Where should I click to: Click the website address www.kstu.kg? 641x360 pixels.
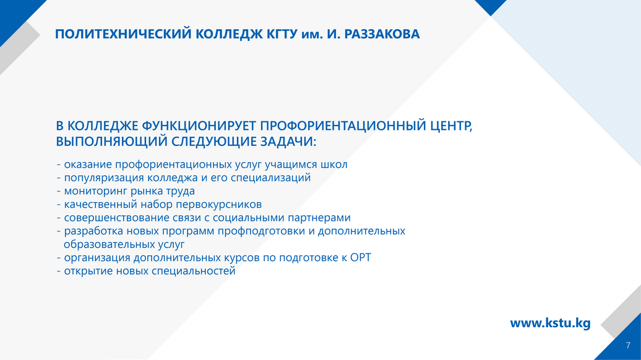pos(550,324)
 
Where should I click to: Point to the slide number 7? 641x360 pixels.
pos(628,346)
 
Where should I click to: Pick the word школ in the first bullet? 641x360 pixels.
pos(334,165)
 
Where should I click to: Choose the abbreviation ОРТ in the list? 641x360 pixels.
pos(361,257)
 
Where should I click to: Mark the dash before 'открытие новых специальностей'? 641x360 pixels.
pos(59,272)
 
